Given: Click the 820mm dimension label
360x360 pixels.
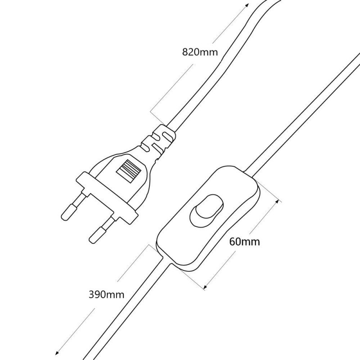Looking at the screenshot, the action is (x=200, y=52).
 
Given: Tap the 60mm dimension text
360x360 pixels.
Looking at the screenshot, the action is (x=244, y=242).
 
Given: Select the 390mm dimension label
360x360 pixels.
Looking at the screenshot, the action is (x=106, y=294).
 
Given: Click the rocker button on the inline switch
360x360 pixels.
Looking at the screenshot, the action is (x=206, y=210).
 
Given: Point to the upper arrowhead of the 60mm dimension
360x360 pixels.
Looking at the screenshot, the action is (x=277, y=202).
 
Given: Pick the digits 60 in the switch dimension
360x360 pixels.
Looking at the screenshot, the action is (x=235, y=242).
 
